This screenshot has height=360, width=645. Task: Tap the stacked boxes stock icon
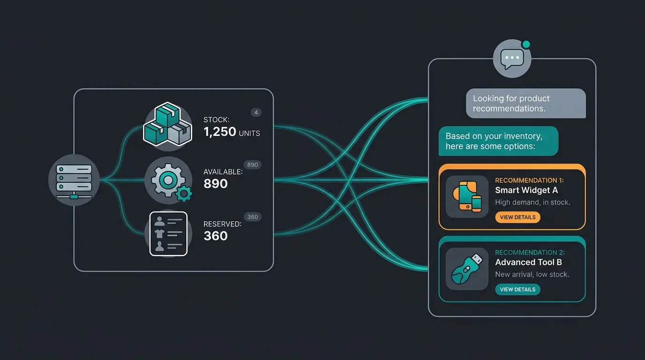click(x=168, y=124)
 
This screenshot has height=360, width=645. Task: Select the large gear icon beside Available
click(x=168, y=180)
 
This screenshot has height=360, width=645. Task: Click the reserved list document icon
click(x=168, y=234)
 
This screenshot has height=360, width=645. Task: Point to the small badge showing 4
click(x=256, y=112)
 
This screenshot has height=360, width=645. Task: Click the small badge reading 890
click(x=253, y=165)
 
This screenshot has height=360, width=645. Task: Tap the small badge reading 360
click(x=253, y=217)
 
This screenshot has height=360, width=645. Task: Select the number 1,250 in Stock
click(x=220, y=132)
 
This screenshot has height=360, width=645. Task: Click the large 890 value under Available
click(x=215, y=184)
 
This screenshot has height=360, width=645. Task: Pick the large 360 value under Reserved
click(x=215, y=236)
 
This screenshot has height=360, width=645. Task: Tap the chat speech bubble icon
click(x=512, y=59)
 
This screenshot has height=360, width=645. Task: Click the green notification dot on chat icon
click(x=526, y=45)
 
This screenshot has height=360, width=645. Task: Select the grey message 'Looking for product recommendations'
click(x=526, y=104)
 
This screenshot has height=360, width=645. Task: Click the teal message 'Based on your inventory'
click(x=498, y=141)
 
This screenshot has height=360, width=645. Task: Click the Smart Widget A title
click(x=526, y=190)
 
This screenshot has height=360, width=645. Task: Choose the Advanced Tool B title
click(x=528, y=262)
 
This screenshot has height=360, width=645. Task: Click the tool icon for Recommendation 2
click(x=467, y=269)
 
